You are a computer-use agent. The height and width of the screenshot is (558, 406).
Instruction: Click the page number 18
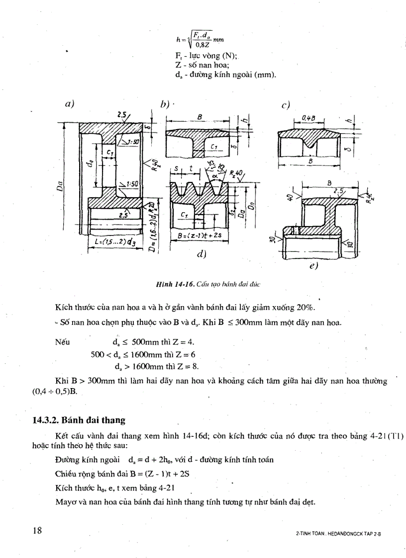(37, 530)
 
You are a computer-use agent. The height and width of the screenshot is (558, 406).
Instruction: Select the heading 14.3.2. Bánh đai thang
(78, 420)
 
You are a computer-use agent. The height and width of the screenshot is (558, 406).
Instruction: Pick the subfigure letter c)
(286, 105)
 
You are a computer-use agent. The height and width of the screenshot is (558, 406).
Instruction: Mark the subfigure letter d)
(202, 254)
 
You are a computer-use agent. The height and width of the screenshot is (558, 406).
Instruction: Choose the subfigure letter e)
(313, 265)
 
